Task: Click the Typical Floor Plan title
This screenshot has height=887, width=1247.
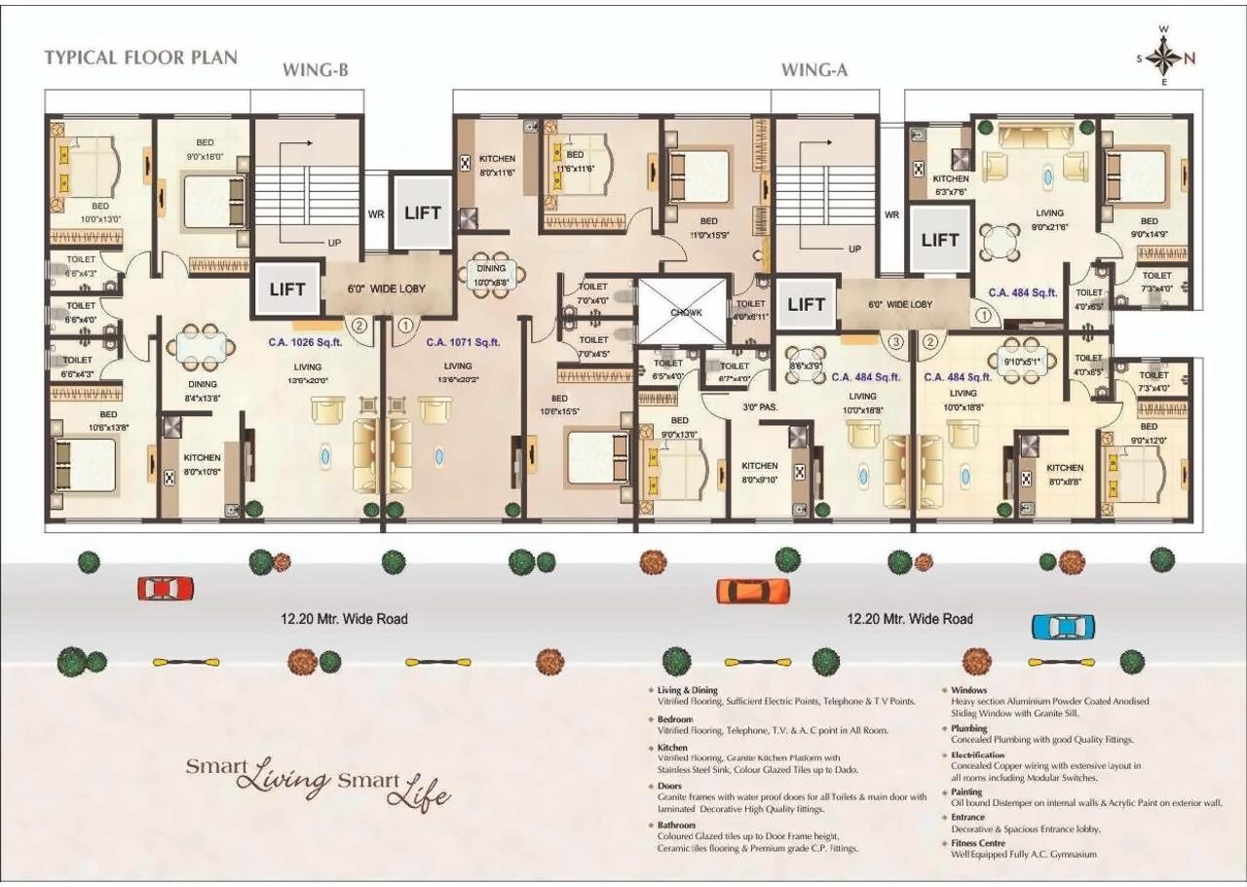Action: point(140,57)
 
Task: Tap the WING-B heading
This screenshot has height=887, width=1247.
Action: point(316,70)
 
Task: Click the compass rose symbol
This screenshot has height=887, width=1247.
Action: point(1163,58)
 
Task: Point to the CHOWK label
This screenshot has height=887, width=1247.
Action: point(685,312)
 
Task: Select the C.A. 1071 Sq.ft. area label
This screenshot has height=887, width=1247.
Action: point(463,342)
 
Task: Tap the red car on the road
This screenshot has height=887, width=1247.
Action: point(166,589)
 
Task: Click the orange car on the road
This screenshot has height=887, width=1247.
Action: point(753,591)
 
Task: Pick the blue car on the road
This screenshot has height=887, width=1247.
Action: point(1063,627)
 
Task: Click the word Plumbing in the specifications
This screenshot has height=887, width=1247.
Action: point(968,728)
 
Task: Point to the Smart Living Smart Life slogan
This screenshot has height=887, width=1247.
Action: point(319,780)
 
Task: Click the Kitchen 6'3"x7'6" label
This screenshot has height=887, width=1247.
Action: point(950,185)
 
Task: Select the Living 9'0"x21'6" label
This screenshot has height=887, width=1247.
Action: point(1049,219)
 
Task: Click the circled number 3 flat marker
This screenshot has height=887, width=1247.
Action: point(894,341)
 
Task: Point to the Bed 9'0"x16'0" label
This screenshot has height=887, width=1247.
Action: point(205,149)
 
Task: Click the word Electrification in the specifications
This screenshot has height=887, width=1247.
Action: point(978,754)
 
